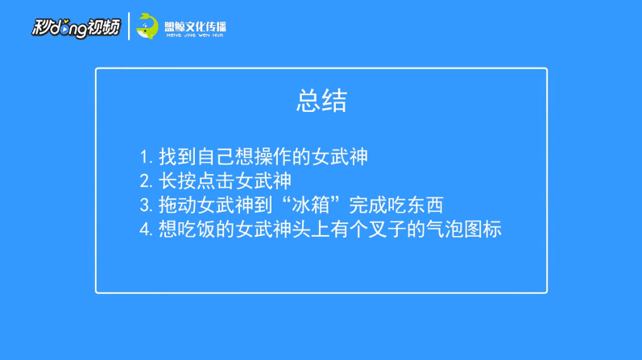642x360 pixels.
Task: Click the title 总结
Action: tap(322, 101)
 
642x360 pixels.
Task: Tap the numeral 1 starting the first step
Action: tap(144, 157)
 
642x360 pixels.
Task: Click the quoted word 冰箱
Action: tap(311, 205)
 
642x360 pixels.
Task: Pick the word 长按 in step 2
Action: tap(177, 181)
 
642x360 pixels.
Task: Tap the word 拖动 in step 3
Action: tap(177, 205)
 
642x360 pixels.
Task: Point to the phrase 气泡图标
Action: tap(464, 230)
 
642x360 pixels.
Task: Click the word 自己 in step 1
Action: tap(216, 157)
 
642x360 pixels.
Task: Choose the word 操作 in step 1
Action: tap(273, 157)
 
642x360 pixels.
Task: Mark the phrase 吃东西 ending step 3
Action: tap(415, 205)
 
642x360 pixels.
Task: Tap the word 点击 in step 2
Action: tap(216, 181)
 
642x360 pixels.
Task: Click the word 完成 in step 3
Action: tap(367, 205)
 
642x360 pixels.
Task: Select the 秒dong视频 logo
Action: tap(77, 27)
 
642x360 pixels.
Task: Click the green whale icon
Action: tap(147, 27)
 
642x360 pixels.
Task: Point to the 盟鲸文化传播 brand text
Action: tap(195, 27)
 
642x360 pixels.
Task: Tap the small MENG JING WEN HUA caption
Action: tap(195, 35)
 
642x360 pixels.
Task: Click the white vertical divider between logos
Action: tap(129, 27)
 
